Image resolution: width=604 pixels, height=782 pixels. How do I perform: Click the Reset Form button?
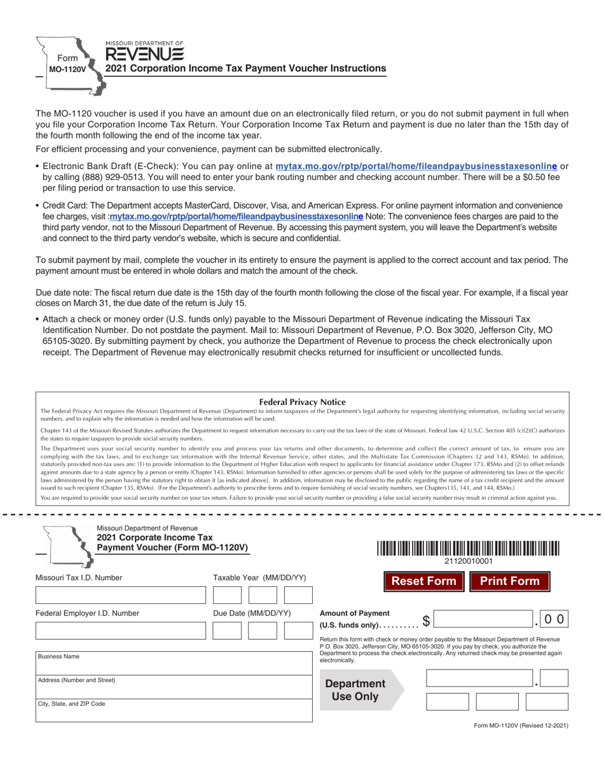pyautogui.click(x=423, y=581)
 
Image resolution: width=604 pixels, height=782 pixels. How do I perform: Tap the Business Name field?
pyautogui.click(x=174, y=662)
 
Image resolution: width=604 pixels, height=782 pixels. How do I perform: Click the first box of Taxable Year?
pyautogui.click(x=227, y=595)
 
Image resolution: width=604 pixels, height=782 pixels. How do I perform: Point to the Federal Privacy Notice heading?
pyautogui.click(x=303, y=402)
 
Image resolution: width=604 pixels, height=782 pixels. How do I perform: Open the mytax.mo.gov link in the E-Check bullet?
pyautogui.click(x=416, y=166)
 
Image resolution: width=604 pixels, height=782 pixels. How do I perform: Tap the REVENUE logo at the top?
pyautogui.click(x=145, y=53)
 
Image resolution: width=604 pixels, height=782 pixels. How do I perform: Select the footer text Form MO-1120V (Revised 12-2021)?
pyautogui.click(x=521, y=725)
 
